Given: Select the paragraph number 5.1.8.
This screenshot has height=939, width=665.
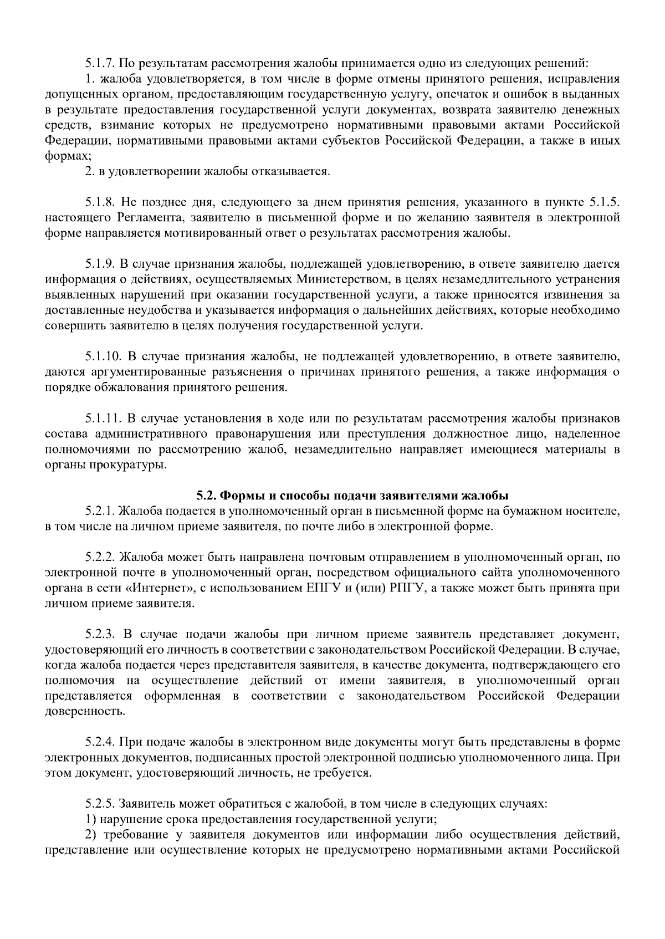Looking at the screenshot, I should click(x=100, y=202).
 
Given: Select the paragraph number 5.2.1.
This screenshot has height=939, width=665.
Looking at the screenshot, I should click(x=100, y=511).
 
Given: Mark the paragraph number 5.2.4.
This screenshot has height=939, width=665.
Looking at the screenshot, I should click(x=100, y=742).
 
